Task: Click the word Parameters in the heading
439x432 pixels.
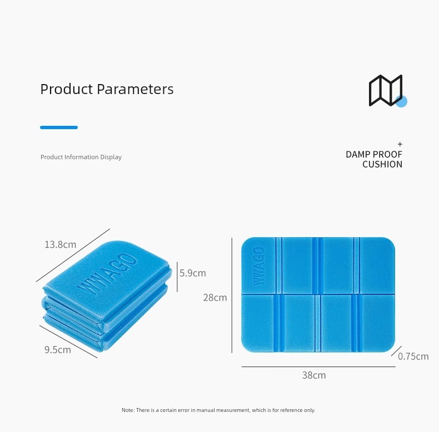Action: (135, 89)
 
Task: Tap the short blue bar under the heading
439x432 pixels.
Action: (59, 127)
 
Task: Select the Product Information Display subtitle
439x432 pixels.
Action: (81, 157)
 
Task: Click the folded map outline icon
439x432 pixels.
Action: (386, 90)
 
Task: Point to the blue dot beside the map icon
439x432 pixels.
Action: (401, 101)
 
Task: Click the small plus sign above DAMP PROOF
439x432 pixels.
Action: (400, 144)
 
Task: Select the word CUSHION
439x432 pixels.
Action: (382, 164)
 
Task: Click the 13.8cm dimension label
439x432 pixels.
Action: (61, 244)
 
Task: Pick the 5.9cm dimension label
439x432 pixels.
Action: (193, 273)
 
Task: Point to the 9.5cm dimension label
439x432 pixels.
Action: (58, 350)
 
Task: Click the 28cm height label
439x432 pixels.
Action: (215, 297)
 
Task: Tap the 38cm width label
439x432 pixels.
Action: (314, 375)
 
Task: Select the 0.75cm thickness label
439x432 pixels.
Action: (413, 356)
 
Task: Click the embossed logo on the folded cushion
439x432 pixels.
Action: (107, 274)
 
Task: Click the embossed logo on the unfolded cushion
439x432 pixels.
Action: (259, 266)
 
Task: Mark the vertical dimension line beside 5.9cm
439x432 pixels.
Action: (177, 277)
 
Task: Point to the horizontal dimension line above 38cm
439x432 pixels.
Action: (318, 367)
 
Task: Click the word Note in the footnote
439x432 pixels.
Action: (128, 410)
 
